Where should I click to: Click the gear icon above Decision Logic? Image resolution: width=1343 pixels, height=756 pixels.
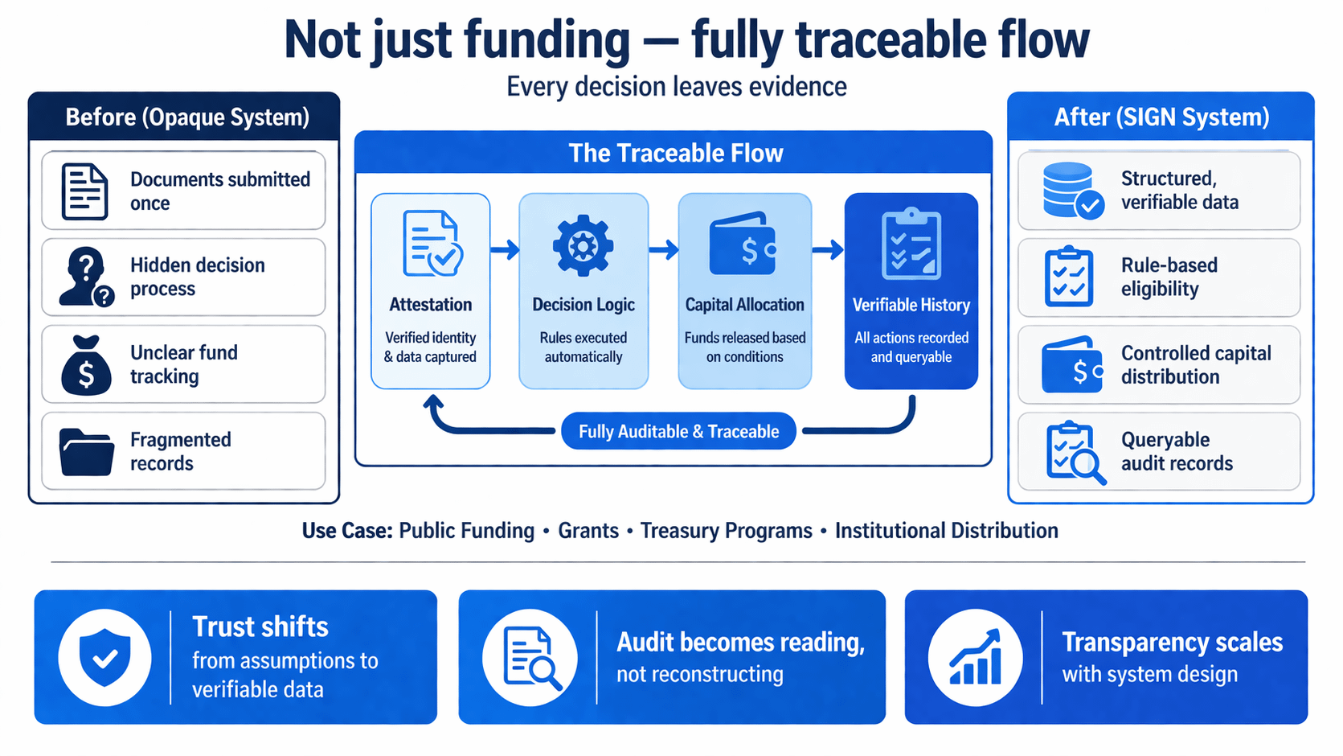[583, 246]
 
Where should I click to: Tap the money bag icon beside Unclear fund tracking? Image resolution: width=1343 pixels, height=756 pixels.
[86, 366]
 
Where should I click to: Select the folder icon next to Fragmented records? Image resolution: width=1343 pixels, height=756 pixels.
[86, 452]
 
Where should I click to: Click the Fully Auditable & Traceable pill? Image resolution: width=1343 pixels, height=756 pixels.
[678, 432]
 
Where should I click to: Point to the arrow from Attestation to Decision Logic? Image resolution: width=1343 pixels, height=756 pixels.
[505, 250]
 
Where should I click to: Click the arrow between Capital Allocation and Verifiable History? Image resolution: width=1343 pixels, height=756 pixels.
[827, 250]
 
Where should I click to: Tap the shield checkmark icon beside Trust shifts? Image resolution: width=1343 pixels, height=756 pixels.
[104, 657]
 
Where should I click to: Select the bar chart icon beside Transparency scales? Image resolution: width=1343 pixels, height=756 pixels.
[975, 657]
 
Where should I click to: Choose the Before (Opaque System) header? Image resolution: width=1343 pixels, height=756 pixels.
[186, 117]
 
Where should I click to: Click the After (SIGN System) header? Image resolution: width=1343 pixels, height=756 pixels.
[1161, 117]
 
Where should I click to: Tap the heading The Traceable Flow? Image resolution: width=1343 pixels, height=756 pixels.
[675, 153]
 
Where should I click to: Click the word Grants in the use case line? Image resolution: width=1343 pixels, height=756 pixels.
[588, 531]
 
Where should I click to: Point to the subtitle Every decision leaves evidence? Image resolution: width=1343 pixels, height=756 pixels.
[676, 87]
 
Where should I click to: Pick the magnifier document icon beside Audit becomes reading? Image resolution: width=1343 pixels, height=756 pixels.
[530, 657]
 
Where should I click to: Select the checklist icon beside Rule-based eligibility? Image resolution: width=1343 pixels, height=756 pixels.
[1069, 277]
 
